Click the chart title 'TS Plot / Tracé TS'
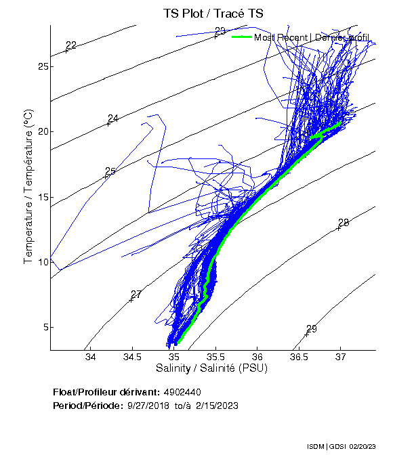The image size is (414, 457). click(213, 14)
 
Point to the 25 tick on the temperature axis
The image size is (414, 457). click(42, 66)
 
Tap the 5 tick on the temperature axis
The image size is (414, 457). click(42, 327)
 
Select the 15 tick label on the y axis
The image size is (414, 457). click(42, 197)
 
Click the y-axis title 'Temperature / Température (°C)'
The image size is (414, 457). click(28, 187)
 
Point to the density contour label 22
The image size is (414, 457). click(71, 45)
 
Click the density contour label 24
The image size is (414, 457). click(113, 118)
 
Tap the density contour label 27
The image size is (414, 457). click(136, 295)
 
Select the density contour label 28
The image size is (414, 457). click(344, 223)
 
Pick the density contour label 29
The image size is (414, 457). click(312, 329)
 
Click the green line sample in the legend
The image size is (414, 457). click(242, 37)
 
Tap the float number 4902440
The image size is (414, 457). click(182, 392)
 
